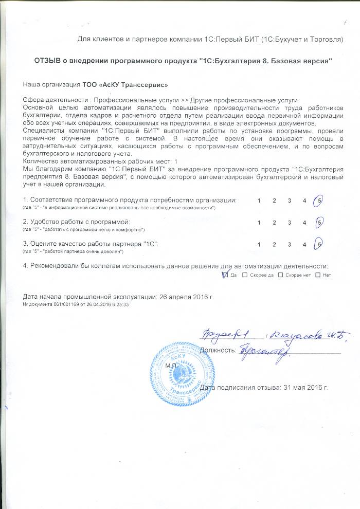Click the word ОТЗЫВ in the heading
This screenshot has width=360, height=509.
click(48, 61)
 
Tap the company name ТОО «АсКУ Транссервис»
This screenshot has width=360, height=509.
click(125, 84)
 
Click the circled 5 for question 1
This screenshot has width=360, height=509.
click(319, 200)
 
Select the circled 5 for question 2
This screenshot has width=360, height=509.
click(319, 223)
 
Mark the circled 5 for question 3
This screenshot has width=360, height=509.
click(319, 245)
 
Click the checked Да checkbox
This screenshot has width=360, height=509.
click(225, 275)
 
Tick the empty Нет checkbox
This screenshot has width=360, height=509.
click(317, 275)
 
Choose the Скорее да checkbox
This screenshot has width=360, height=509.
click(245, 275)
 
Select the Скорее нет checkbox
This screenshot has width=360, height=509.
click(280, 275)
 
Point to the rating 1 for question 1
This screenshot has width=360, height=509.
click(259, 200)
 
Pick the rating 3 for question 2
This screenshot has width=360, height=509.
click(290, 223)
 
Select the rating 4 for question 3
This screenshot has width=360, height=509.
click(304, 245)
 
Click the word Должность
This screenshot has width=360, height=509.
click(217, 351)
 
